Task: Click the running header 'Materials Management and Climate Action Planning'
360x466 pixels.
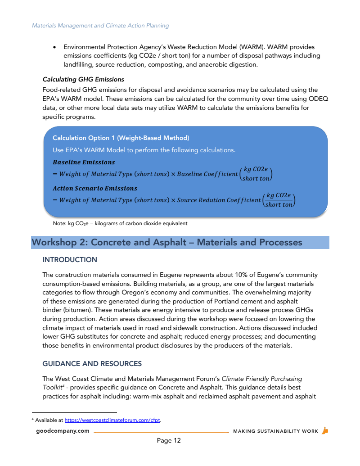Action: coord(100,26)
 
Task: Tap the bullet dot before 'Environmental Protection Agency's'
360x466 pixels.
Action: coord(54,47)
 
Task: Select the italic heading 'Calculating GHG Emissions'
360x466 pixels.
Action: coord(83,80)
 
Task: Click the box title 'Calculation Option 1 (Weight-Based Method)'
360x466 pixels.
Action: coord(121,138)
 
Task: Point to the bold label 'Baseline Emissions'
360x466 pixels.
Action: coord(84,162)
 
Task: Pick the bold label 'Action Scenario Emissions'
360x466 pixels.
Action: coord(95,188)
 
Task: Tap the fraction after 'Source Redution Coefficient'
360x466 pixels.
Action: coord(279,200)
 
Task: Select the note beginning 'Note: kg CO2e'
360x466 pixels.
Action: coord(120,223)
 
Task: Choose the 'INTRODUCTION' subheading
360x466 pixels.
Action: coord(70,260)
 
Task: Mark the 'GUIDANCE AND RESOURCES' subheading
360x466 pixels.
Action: coord(92,363)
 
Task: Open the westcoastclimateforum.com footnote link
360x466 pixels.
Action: coord(112,421)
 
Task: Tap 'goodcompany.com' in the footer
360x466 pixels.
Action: coord(63,431)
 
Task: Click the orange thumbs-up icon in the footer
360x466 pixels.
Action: coord(325,431)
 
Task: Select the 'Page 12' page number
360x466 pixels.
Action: coord(169,440)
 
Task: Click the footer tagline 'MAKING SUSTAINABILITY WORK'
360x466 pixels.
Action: coord(275,431)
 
